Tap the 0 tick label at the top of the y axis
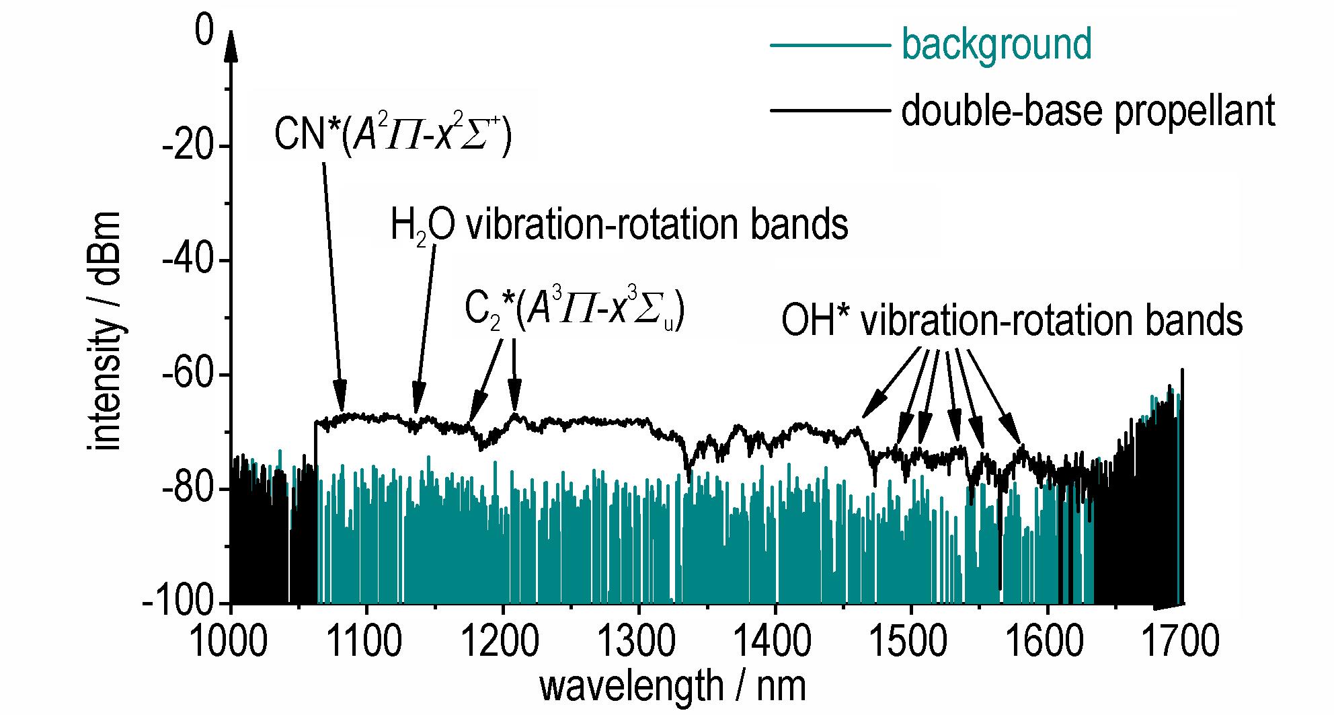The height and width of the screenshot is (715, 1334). tap(204, 32)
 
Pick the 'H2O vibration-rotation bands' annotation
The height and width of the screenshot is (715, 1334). tap(619, 226)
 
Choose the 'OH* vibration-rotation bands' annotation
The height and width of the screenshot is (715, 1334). tap(1012, 321)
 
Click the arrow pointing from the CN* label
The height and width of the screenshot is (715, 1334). tap(333, 285)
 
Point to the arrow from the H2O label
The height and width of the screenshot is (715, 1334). tap(426, 330)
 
